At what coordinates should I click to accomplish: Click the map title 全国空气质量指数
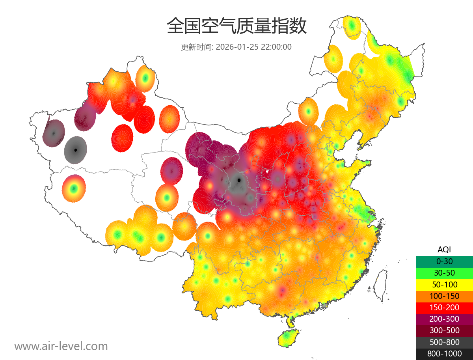click(x=236, y=26)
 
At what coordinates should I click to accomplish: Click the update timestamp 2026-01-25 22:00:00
click(x=254, y=47)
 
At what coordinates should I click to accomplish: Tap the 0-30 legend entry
click(x=444, y=261)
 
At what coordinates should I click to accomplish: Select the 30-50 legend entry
click(x=444, y=273)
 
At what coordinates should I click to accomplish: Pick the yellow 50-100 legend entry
click(x=444, y=284)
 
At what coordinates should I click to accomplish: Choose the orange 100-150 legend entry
click(x=444, y=296)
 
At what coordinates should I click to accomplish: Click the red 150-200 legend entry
click(x=444, y=308)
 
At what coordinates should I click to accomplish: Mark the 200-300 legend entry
click(x=444, y=319)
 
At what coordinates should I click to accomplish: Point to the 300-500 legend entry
click(x=444, y=330)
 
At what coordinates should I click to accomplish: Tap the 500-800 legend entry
click(x=444, y=342)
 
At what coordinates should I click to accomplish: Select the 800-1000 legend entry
click(x=444, y=354)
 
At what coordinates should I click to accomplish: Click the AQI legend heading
click(x=444, y=250)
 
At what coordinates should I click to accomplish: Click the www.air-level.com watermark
click(x=61, y=346)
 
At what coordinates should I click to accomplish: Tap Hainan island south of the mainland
click(x=289, y=338)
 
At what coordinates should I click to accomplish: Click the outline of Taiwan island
click(x=380, y=284)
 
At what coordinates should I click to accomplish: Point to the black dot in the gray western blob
click(x=75, y=150)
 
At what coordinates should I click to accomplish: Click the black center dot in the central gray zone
click(x=238, y=180)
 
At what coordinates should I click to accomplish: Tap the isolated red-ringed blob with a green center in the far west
click(x=73, y=188)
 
